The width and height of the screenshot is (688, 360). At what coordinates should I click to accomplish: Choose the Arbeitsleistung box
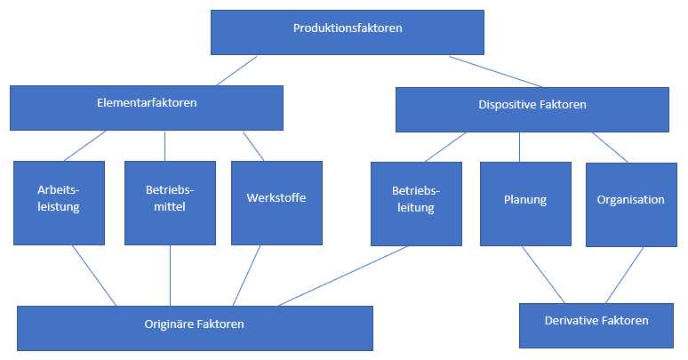click(59, 202)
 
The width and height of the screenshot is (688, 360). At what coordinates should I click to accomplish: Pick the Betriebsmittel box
click(170, 202)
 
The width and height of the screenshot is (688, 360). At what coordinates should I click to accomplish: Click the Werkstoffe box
click(276, 202)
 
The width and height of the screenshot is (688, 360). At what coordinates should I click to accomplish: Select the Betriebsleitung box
click(416, 204)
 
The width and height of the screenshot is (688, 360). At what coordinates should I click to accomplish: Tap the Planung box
click(525, 204)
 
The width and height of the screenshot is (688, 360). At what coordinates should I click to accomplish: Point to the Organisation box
click(630, 204)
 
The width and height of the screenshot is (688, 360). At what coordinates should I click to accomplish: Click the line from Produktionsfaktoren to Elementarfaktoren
click(236, 71)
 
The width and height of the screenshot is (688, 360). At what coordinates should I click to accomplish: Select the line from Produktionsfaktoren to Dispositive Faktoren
click(495, 71)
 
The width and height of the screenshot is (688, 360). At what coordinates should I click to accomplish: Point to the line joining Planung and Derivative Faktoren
click(542, 275)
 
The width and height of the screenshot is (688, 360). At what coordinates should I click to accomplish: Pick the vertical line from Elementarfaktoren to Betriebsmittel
click(165, 146)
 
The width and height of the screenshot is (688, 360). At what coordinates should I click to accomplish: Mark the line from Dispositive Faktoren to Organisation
click(611, 148)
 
